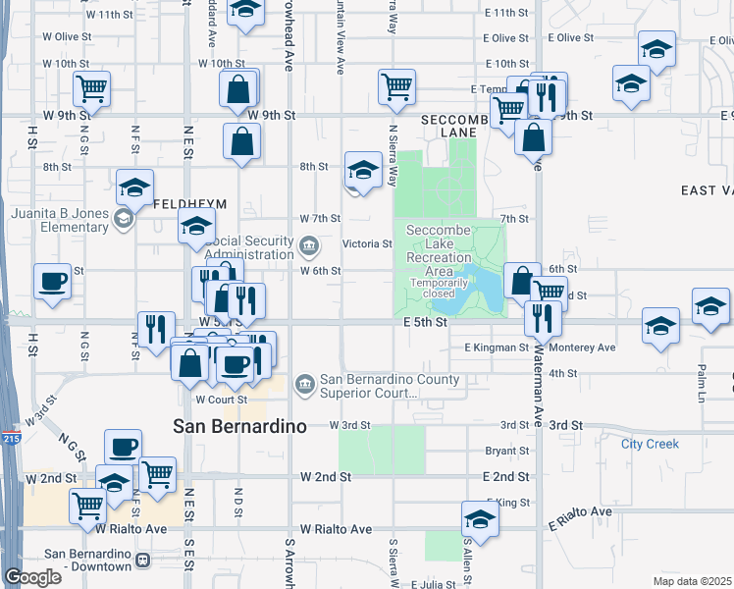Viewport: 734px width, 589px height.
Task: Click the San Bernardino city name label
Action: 239,426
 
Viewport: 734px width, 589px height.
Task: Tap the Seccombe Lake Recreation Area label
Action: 446,257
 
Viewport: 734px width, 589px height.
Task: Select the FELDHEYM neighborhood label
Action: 190,203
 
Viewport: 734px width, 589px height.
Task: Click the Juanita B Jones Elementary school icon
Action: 123,218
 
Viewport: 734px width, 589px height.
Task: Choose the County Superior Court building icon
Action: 305,381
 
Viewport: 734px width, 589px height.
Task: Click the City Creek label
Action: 650,444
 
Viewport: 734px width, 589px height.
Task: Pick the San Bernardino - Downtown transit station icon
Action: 143,561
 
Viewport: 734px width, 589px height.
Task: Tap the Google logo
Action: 31,577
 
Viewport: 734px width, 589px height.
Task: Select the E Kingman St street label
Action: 497,348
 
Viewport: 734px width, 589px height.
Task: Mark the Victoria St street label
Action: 366,244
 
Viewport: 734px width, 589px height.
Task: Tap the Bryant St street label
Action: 507,452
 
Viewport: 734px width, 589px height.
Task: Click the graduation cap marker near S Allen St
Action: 479,517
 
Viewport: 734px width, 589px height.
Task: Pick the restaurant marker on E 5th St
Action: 541,316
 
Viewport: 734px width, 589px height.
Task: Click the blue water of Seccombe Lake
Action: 481,288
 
